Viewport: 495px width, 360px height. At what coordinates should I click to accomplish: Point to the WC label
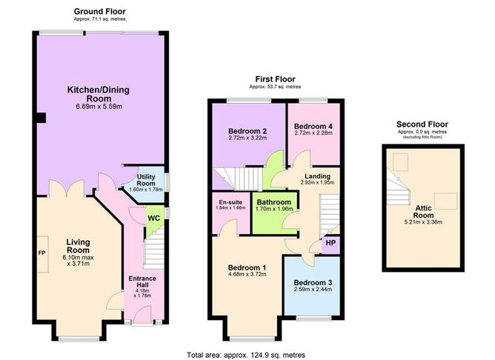pos(154,219)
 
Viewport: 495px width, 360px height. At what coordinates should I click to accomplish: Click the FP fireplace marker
pos(41,253)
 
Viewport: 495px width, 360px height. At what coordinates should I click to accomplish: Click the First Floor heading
pos(273,79)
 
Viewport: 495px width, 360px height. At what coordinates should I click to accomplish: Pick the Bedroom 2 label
pos(247,130)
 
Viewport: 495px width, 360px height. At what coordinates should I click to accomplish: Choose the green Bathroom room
pos(273,210)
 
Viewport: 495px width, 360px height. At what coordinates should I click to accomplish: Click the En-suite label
pos(230,201)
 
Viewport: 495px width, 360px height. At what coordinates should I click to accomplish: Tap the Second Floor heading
pos(422,124)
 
